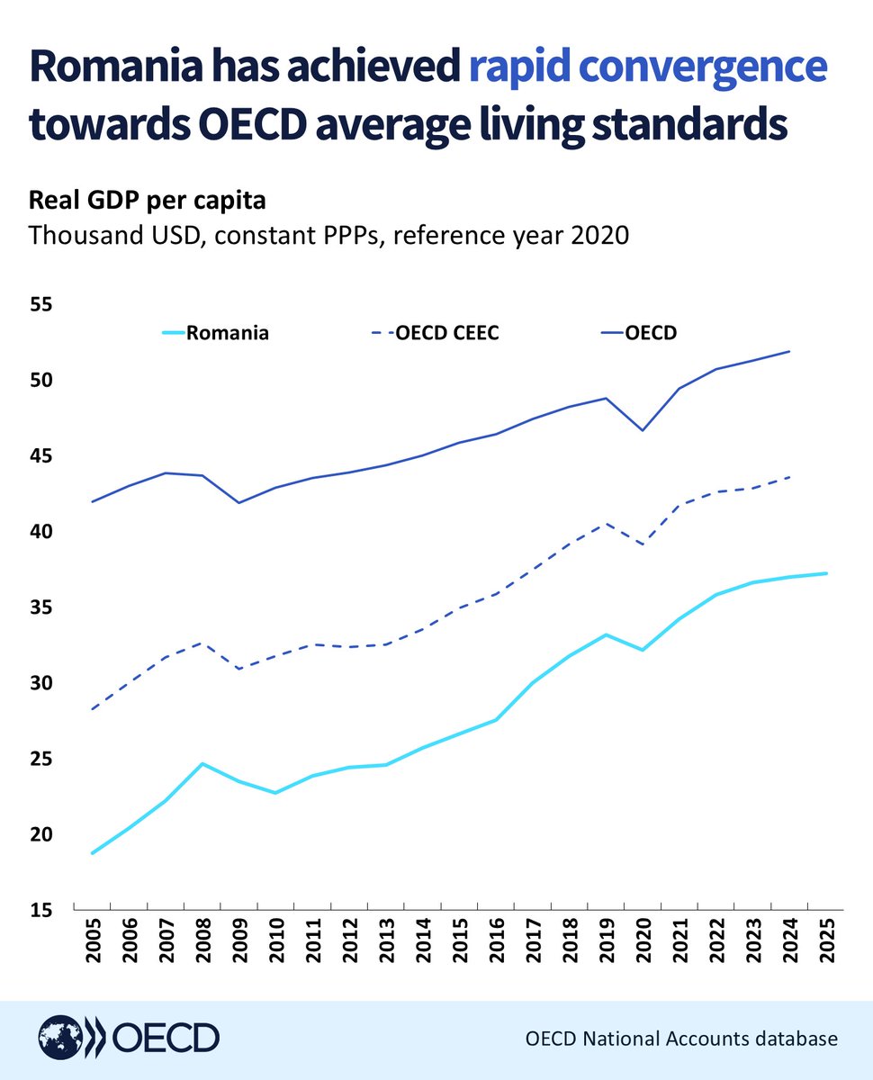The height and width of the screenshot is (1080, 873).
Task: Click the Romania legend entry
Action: pos(227,333)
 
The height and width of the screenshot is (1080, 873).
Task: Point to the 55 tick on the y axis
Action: pos(41,305)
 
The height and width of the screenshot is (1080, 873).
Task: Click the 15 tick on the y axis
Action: pos(41,911)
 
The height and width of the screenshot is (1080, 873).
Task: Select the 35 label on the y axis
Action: pos(41,607)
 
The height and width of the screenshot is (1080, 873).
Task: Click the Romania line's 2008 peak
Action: pos(202,763)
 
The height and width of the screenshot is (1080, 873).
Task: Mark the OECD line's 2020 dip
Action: pos(643,430)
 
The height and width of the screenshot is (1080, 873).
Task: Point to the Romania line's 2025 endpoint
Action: pos(825,573)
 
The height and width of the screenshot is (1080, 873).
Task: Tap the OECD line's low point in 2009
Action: pos(238,502)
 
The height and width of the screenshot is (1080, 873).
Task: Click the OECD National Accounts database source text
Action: pos(681,1039)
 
